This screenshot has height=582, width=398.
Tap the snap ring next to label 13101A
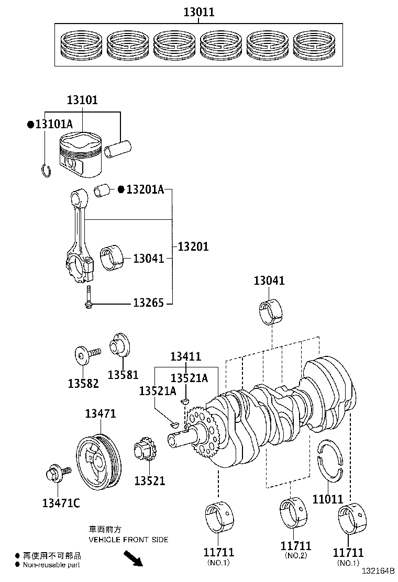click(46, 170)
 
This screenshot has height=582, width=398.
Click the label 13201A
click(146, 189)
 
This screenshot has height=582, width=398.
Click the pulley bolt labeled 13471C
click(54, 474)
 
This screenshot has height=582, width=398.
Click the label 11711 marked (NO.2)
click(296, 546)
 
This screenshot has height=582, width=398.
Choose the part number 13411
click(185, 356)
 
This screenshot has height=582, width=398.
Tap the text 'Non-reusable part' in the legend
click(52, 564)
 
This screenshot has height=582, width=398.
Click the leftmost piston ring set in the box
click(81, 45)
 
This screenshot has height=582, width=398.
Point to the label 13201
click(193, 247)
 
